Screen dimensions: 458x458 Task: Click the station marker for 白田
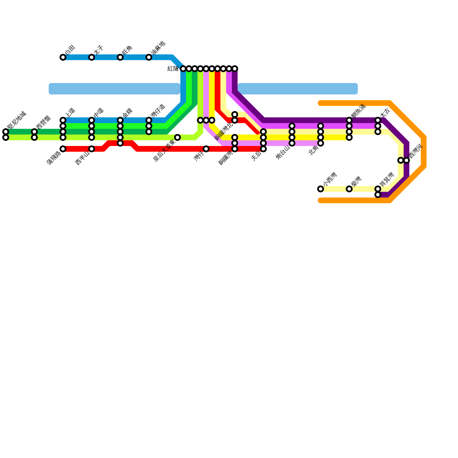point(63,57)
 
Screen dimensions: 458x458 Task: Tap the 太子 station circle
point(92,57)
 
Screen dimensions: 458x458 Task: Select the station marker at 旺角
point(120,57)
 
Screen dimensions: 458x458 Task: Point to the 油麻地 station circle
point(149,57)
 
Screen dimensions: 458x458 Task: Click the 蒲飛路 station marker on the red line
point(63,149)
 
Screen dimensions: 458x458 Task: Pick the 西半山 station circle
point(92,149)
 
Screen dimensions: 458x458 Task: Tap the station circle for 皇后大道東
point(177,137)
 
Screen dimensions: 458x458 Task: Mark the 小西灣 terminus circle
point(321,189)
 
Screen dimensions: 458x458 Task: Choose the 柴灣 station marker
point(349,189)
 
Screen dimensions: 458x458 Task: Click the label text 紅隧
point(173,69)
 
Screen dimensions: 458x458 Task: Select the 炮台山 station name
point(283,152)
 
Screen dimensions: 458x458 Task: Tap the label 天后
point(256,156)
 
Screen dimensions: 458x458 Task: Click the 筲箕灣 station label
point(387,180)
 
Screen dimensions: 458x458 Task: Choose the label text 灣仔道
point(158,111)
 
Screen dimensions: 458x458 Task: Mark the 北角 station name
point(314,151)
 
